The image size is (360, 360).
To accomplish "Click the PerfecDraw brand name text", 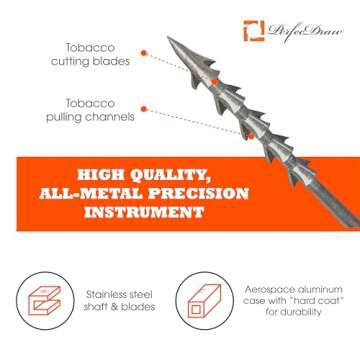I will [302, 29].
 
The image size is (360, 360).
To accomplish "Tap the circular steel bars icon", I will [46, 297].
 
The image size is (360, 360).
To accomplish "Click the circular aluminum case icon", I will [202, 298].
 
